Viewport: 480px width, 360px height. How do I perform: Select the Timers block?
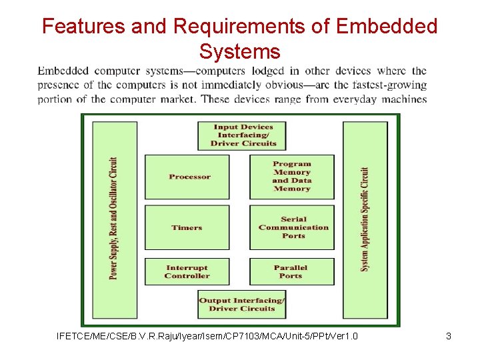tap(187, 227)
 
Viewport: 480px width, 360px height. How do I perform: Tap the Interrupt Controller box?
tap(187, 272)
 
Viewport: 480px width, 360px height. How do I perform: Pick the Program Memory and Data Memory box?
tap(292, 177)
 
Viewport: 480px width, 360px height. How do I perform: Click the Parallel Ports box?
tap(292, 272)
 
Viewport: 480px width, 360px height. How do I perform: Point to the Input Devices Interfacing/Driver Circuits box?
tap(243, 135)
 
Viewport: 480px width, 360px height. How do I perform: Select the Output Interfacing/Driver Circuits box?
tap(242, 305)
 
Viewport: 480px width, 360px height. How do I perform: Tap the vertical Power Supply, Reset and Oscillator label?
tap(114, 218)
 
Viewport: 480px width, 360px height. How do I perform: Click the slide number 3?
tap(449, 336)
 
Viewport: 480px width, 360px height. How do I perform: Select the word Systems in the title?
tap(239, 51)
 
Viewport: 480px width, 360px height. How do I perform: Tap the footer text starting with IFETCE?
tap(207, 336)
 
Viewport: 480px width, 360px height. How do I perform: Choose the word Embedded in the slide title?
tap(387, 26)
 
